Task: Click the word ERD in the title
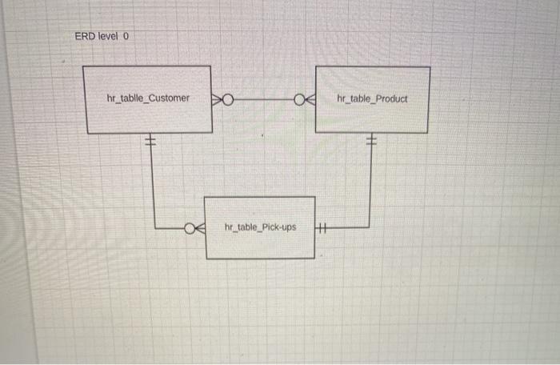(x=85, y=37)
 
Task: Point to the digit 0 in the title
(x=126, y=37)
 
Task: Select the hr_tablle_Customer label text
(x=148, y=98)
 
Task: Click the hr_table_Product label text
(x=372, y=99)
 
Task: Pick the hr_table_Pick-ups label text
(x=260, y=227)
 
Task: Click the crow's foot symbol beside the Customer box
(x=218, y=99)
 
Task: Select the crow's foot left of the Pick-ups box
(x=198, y=228)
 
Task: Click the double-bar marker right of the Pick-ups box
(x=322, y=227)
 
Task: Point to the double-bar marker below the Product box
(x=370, y=142)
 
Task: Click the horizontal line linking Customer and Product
(x=264, y=99)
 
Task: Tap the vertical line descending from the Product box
(x=370, y=184)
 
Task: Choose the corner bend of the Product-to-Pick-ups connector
(x=370, y=227)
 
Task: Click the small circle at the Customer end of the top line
(x=228, y=99)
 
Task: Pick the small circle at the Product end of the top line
(x=299, y=100)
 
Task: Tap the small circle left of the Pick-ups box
(x=190, y=228)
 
